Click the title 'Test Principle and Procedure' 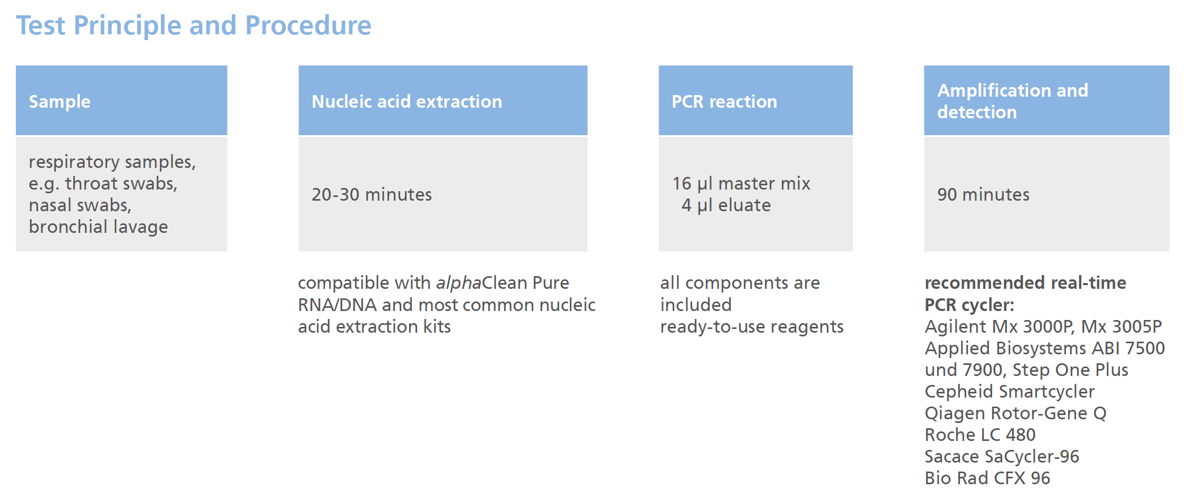click(x=193, y=25)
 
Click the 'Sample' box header click(x=60, y=101)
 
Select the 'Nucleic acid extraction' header click(x=407, y=101)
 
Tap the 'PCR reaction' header click(x=724, y=101)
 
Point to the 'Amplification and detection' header click(x=1012, y=101)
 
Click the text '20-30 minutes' click(x=371, y=195)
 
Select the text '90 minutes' click(x=983, y=195)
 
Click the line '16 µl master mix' click(x=741, y=184)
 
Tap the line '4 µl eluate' click(x=726, y=205)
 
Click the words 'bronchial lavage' click(x=98, y=227)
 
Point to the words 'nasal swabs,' click(x=80, y=205)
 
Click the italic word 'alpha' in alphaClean click(x=458, y=284)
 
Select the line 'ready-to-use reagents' click(x=751, y=327)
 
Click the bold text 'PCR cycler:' click(x=969, y=305)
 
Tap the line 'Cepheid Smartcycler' click(x=1009, y=392)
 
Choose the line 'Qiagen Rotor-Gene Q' click(x=1015, y=413)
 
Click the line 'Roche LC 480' click(x=979, y=435)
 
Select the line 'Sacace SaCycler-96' click(x=1002, y=457)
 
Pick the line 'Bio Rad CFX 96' click(x=987, y=478)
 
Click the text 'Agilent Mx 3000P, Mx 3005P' click(x=1043, y=327)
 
